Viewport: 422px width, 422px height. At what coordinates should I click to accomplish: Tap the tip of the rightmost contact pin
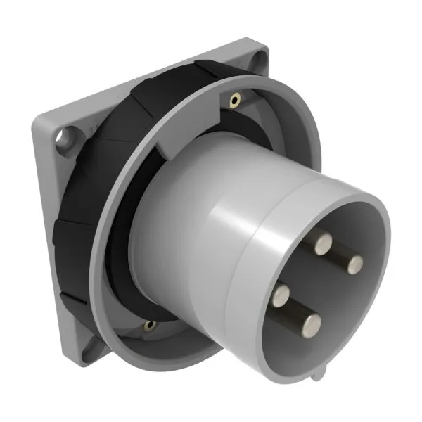[x=356, y=264]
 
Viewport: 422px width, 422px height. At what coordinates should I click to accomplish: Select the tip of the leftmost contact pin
[x=283, y=292]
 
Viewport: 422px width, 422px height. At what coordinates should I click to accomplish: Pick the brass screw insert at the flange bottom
[x=148, y=325]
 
